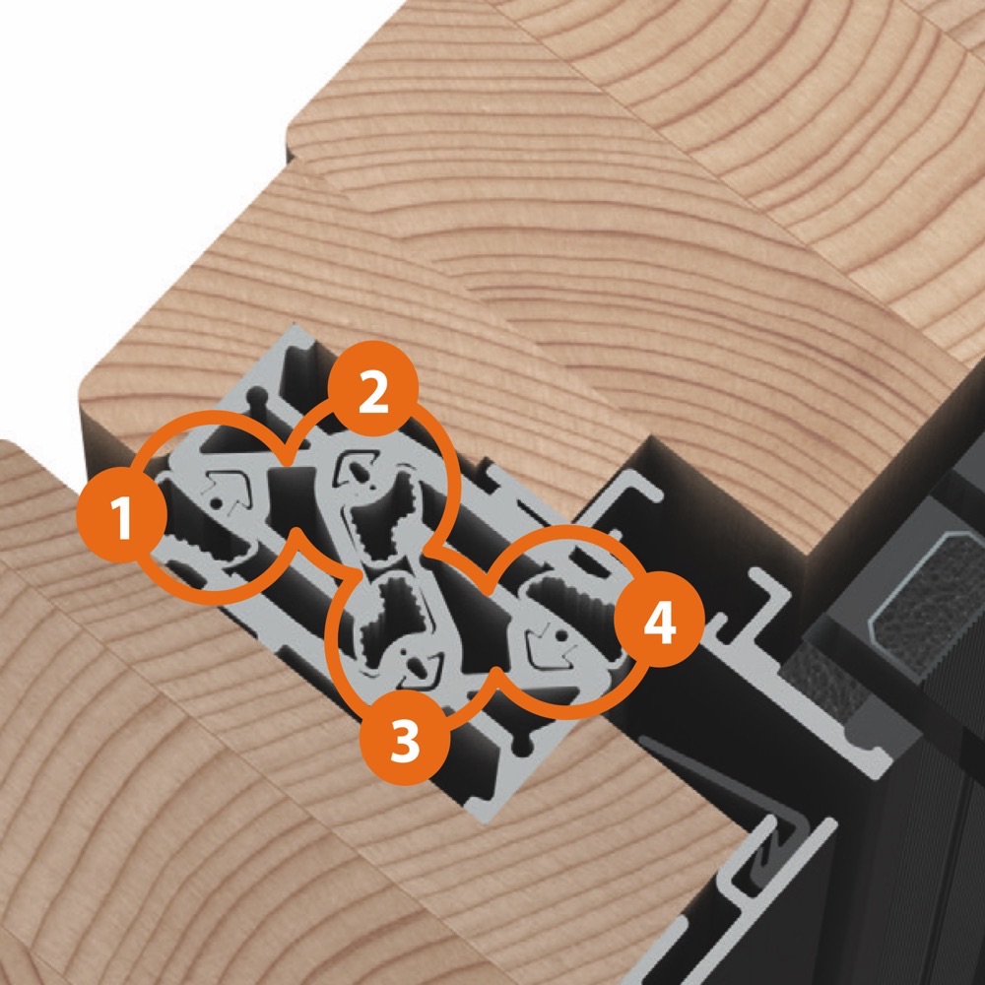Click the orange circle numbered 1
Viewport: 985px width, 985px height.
tap(122, 517)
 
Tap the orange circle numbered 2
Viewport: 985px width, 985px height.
tap(373, 387)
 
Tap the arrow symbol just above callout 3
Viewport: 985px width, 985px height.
tap(422, 667)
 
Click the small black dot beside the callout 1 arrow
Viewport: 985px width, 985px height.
tap(216, 503)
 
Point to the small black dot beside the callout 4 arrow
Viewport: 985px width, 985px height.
tap(561, 637)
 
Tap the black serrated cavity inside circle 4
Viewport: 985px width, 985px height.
tap(565, 597)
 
